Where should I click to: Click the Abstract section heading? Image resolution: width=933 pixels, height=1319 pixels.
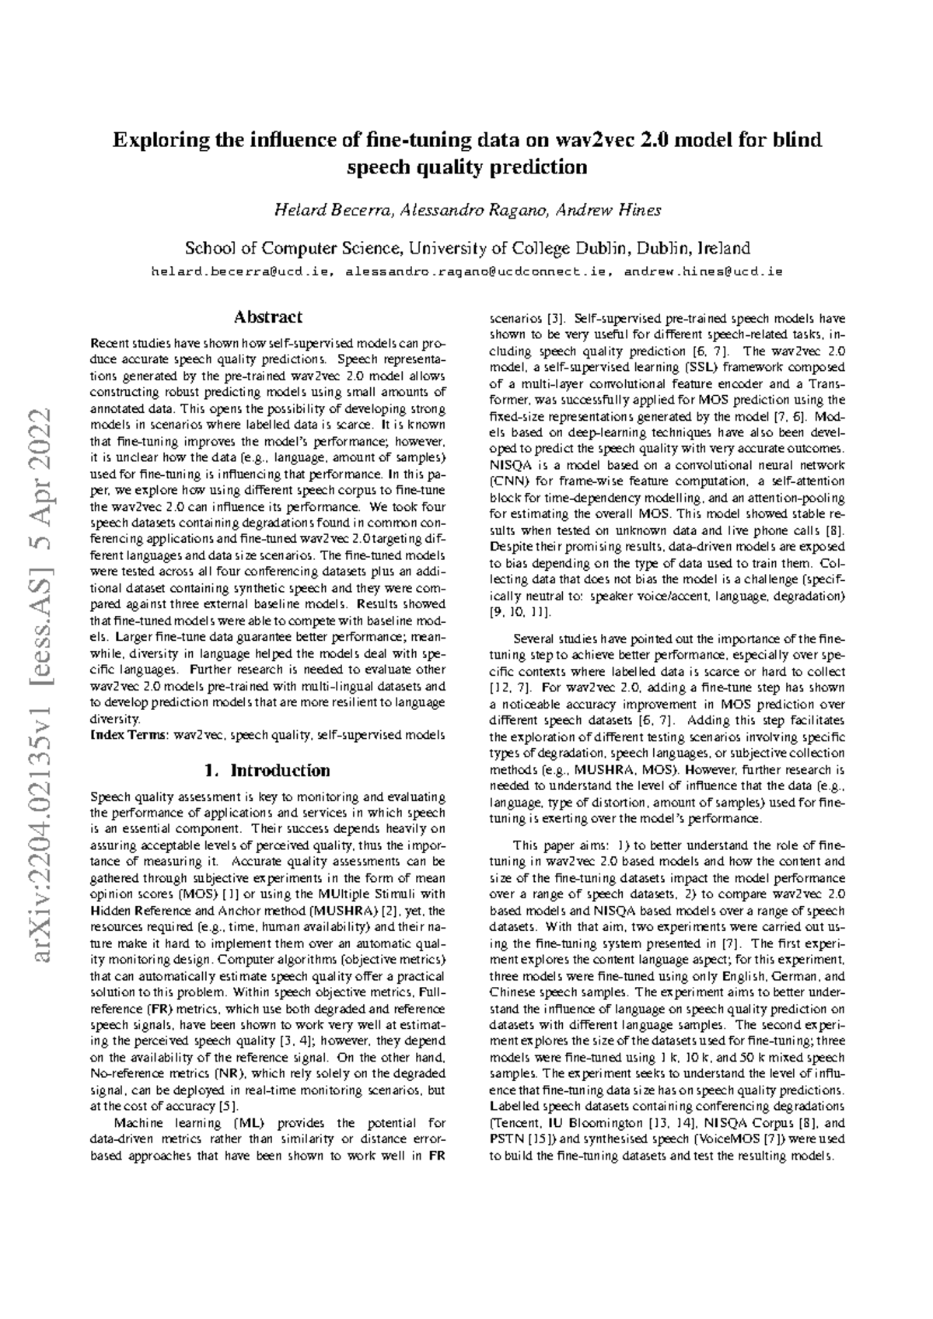pos(268,317)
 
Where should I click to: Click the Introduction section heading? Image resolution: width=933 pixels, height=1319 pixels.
pos(267,771)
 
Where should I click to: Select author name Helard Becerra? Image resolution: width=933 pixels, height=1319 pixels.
pos(330,211)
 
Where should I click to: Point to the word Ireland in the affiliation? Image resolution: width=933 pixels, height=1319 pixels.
pos(724,249)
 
